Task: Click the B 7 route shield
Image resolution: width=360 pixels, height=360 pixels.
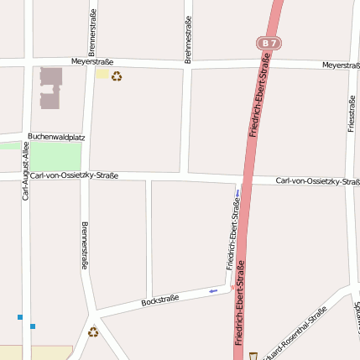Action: (x=268, y=42)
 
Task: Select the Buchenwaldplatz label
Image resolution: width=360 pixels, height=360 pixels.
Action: (x=57, y=136)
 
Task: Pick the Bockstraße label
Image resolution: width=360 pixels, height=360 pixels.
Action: (x=160, y=300)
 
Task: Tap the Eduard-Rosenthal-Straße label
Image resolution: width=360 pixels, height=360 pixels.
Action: (x=294, y=332)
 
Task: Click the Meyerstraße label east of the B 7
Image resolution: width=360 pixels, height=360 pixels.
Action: (x=341, y=65)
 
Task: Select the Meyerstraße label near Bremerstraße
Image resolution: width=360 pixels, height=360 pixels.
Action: (x=92, y=61)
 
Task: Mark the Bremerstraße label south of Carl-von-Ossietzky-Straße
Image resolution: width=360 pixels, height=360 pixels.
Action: (x=84, y=245)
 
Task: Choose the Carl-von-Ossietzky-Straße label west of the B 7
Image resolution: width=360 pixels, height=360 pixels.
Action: (x=74, y=175)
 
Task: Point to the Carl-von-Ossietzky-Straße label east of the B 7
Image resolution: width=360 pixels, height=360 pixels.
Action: (x=317, y=181)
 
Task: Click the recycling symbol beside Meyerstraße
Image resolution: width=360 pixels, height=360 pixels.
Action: (x=117, y=76)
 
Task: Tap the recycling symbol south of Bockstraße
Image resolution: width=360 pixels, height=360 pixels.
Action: (x=93, y=331)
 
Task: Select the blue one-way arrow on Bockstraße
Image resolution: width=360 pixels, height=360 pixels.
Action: (x=213, y=290)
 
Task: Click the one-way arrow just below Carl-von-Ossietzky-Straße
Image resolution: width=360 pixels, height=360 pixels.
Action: (x=237, y=195)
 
